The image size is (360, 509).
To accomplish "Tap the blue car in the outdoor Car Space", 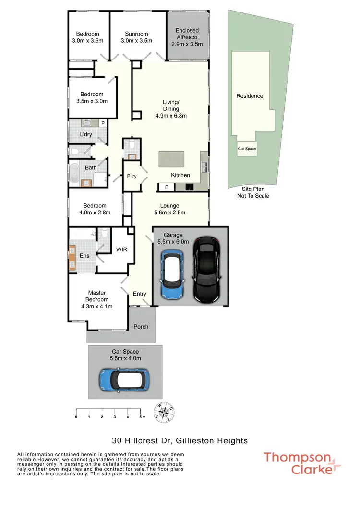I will pyautogui.click(x=124, y=380).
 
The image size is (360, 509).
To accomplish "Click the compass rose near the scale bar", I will pyautogui.click(x=164, y=412).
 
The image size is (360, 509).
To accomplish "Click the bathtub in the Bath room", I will pyautogui.click(x=74, y=174).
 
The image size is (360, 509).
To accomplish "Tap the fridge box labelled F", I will pyautogui.click(x=166, y=187).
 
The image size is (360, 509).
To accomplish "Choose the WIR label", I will pyautogui.click(x=121, y=250).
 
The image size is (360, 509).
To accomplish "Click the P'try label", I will pyautogui.click(x=132, y=176).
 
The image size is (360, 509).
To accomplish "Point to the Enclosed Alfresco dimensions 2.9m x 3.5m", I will pyautogui.click(x=187, y=44).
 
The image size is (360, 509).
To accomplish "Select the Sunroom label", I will pyautogui.click(x=136, y=34).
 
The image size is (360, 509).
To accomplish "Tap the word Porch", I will pyautogui.click(x=141, y=327).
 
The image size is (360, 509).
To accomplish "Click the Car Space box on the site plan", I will pyautogui.click(x=247, y=149).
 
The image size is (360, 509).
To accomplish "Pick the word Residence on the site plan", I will pyautogui.click(x=250, y=96).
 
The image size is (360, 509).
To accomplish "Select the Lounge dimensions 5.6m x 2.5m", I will pyautogui.click(x=169, y=213).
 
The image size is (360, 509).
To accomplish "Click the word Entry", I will pyautogui.click(x=140, y=294).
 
